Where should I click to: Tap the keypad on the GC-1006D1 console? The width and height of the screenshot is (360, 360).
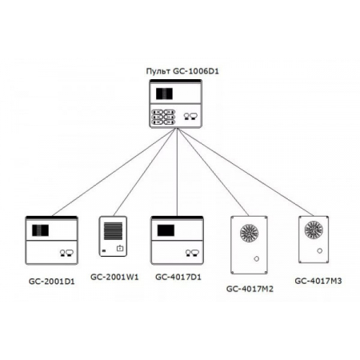pos(162,116)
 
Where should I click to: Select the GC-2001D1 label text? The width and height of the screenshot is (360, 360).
pos(50,282)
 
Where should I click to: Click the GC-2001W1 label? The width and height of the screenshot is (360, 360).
pos(114,278)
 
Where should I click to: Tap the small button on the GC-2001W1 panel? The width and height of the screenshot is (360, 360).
pos(120,250)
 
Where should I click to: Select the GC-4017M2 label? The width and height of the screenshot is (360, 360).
pos(251,288)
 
